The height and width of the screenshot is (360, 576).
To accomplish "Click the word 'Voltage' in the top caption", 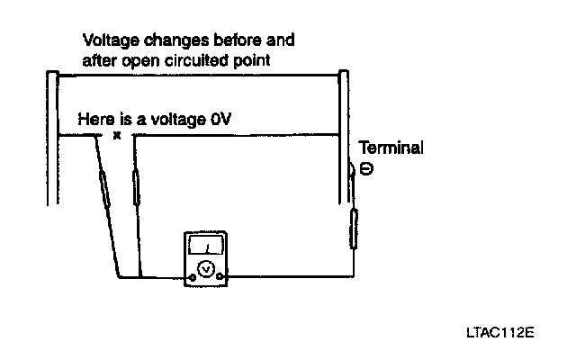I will (105, 41).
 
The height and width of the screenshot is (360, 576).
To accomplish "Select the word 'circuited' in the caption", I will (193, 60).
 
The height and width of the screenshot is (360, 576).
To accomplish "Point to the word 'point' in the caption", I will (253, 60).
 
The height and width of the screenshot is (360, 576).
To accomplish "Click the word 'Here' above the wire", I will (94, 119).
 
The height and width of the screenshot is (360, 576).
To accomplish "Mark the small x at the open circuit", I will (116, 137).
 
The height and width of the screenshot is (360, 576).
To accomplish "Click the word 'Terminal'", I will (391, 148).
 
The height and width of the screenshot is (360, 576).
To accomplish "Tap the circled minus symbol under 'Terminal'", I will (365, 168).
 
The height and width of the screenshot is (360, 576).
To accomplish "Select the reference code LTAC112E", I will (499, 331).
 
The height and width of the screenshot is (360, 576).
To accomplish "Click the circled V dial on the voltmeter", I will (206, 268).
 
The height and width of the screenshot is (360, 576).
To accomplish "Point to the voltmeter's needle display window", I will (206, 245).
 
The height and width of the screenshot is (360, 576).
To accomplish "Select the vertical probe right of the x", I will (136, 188).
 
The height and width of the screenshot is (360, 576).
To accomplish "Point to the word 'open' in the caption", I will (142, 60).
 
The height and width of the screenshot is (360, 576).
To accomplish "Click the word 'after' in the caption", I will (98, 60).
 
